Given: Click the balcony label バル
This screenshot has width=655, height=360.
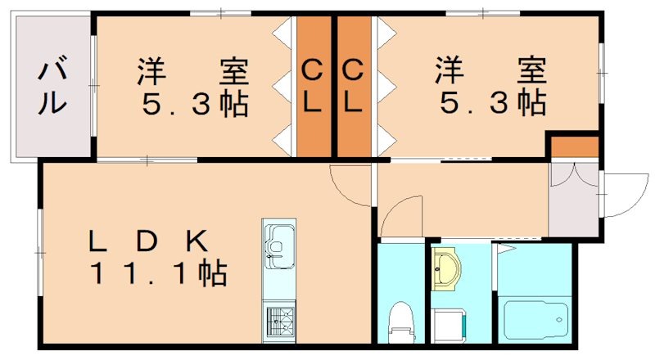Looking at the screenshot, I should click(x=52, y=85).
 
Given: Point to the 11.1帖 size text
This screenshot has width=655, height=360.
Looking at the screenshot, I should click(x=160, y=273).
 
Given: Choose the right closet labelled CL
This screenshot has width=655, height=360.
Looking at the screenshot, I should click(x=353, y=86).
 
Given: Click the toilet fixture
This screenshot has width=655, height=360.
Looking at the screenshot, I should click(x=400, y=323).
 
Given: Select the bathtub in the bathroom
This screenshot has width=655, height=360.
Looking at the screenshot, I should click(x=536, y=320).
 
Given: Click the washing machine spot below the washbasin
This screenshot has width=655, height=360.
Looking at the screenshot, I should click(x=447, y=324).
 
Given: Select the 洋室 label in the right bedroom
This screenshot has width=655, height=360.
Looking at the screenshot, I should click(x=491, y=70).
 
